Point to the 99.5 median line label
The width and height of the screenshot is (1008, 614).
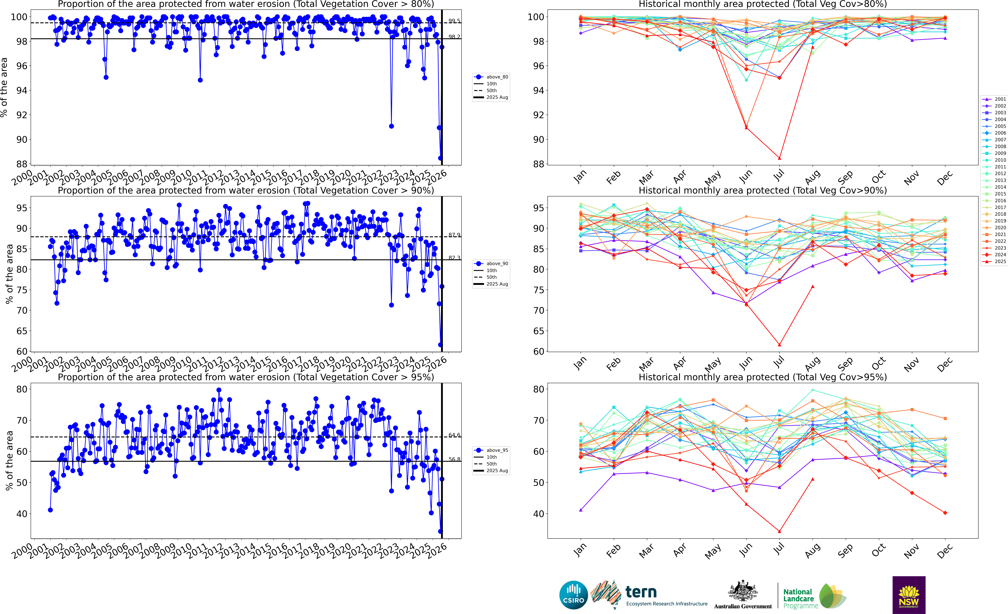[454, 21]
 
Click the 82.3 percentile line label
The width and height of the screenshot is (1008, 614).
[454, 258]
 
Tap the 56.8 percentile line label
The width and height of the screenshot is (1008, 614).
[454, 459]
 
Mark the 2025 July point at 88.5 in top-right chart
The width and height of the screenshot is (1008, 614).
[779, 158]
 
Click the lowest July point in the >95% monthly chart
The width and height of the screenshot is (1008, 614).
[779, 531]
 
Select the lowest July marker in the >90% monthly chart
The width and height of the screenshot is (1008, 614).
[779, 345]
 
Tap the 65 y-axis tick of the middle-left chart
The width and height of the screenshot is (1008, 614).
[22, 331]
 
